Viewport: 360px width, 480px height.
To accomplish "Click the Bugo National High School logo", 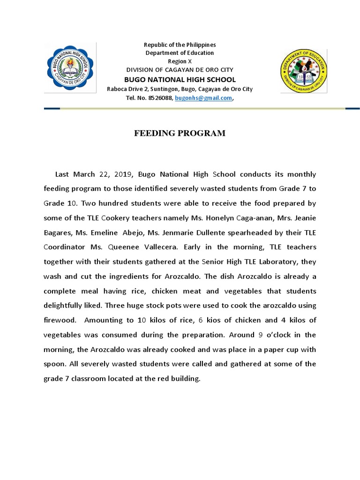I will pos(70,67).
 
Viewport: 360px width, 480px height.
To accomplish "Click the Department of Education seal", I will pos(303,70).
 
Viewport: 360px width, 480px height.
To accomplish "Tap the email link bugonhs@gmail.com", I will pos(203,98).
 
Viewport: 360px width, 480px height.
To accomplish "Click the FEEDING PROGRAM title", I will pos(180,134).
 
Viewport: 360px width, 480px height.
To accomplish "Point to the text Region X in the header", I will pos(180,61).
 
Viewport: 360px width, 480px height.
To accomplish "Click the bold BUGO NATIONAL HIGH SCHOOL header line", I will pos(180,80).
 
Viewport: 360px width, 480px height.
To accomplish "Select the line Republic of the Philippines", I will pos(180,45).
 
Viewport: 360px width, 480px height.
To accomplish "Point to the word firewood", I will pos(59,320).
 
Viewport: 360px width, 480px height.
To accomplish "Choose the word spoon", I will pos(55,364).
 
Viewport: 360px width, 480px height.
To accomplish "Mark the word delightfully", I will pos(68,306).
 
